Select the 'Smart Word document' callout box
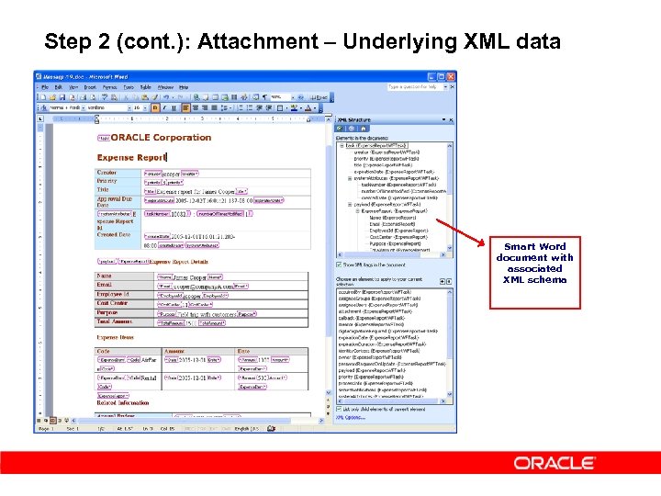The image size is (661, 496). tap(534, 263)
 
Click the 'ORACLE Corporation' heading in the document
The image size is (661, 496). tap(162, 138)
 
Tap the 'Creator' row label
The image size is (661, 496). tap(107, 173)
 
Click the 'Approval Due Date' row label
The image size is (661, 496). tap(115, 201)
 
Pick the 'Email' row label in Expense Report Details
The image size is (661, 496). tap(104, 285)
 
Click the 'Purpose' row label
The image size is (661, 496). tap(108, 312)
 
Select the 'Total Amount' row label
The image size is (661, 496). tap(115, 321)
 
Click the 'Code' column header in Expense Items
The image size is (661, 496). tap(103, 351)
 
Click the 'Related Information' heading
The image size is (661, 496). tap(124, 402)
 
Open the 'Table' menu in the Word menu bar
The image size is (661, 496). tap(146, 87)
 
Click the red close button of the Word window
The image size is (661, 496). tap(449, 76)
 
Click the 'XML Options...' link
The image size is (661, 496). tap(350, 417)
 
